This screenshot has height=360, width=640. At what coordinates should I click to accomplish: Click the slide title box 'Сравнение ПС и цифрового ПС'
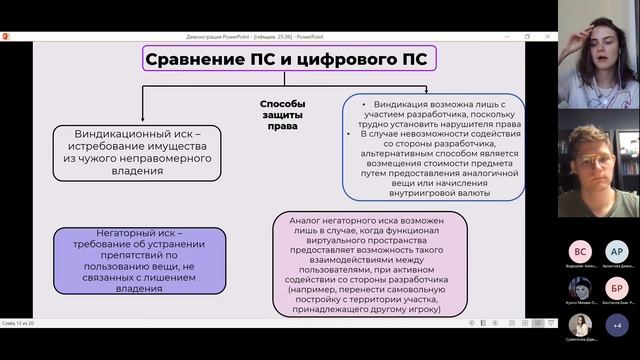click(x=287, y=58)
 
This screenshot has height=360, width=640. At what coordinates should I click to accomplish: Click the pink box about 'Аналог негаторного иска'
click(x=370, y=264)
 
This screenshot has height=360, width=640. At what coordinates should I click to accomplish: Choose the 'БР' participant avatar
click(x=616, y=288)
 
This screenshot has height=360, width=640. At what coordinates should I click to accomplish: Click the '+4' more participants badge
click(x=617, y=325)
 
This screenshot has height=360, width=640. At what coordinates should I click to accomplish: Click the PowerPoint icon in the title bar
click(x=6, y=36)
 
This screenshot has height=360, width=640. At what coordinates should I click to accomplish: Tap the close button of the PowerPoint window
click(x=549, y=36)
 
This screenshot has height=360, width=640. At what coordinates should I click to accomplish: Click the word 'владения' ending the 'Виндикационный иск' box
click(x=136, y=170)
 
